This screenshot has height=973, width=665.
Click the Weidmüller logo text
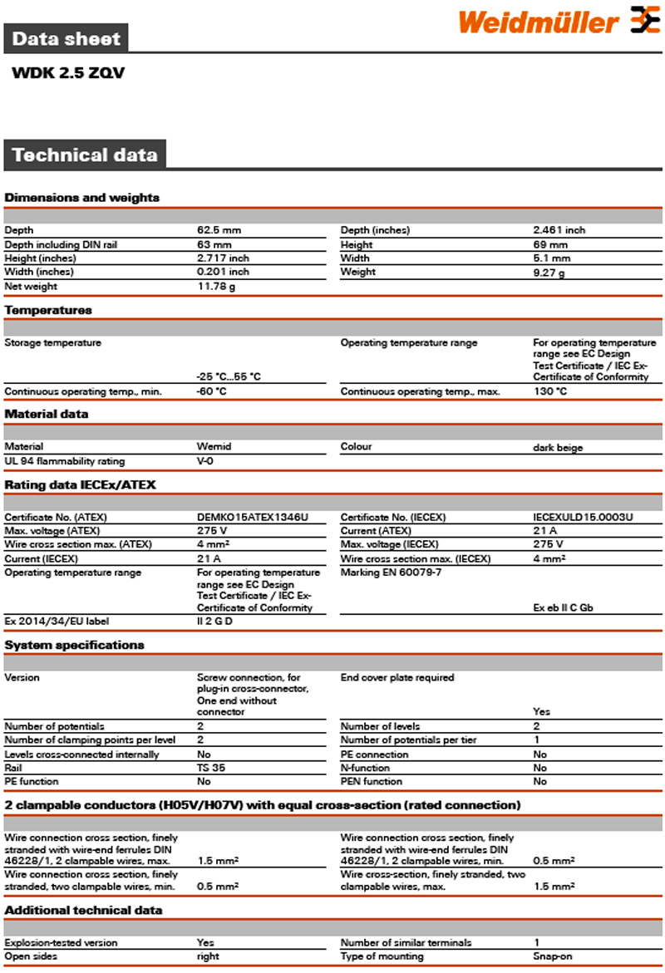[538, 22]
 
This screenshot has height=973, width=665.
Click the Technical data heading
[85, 155]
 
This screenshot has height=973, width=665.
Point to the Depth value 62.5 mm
[219, 229]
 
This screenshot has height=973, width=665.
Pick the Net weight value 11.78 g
[216, 287]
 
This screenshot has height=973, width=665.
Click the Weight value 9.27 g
[549, 273]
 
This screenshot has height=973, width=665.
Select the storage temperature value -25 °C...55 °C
[229, 376]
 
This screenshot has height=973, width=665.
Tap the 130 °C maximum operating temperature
[550, 391]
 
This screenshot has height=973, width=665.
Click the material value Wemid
[214, 446]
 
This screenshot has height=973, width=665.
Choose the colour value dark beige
[558, 448]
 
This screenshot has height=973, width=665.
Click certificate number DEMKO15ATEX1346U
[252, 517]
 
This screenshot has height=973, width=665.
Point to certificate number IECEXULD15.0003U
[583, 517]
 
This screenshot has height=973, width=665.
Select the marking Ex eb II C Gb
[563, 607]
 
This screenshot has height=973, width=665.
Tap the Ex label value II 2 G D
[214, 621]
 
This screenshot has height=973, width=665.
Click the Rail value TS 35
[210, 768]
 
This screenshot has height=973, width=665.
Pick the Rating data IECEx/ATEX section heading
[80, 484]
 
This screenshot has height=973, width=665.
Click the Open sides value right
[208, 956]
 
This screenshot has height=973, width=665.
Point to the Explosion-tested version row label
[61, 942]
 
